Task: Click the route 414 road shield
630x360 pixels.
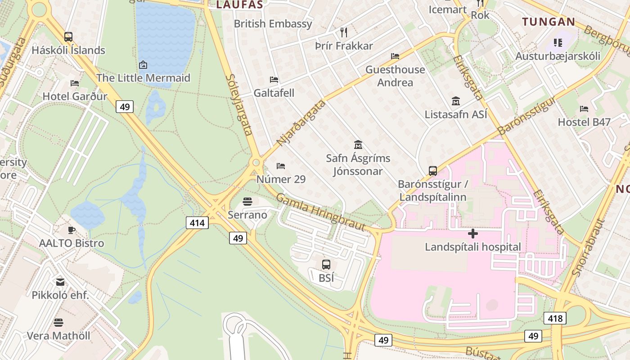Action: click(x=197, y=222)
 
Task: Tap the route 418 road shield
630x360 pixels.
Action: click(x=555, y=319)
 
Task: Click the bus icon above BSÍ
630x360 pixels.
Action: click(x=326, y=265)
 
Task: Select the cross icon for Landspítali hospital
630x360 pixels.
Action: click(x=473, y=234)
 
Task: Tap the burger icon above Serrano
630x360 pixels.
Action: click(x=247, y=201)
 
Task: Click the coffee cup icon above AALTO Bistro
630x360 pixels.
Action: click(x=72, y=230)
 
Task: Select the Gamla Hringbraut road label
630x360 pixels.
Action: click(x=320, y=211)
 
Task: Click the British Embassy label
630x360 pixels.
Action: click(x=273, y=24)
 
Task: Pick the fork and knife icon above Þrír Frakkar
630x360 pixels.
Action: click(x=344, y=32)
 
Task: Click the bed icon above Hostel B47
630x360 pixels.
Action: click(x=584, y=108)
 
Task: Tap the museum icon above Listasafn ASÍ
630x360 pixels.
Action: click(x=456, y=101)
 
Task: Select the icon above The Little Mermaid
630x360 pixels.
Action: click(x=143, y=65)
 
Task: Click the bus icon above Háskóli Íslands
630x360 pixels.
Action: click(x=68, y=37)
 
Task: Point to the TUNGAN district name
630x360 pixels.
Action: click(x=549, y=22)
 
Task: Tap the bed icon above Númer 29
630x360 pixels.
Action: click(x=281, y=166)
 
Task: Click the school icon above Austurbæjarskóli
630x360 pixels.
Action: click(x=558, y=43)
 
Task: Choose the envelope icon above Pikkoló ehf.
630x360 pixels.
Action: click(x=60, y=282)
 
